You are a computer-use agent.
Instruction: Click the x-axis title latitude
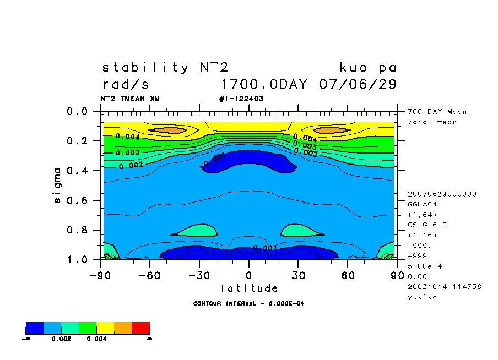[250, 288]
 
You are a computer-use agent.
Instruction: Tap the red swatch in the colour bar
[141, 328]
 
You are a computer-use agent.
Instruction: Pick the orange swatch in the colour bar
[123, 328]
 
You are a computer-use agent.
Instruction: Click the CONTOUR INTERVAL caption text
[249, 303]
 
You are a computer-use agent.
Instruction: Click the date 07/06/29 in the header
[358, 85]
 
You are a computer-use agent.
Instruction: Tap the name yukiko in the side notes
[422, 297]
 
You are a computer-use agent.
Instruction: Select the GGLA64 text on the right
[422, 204]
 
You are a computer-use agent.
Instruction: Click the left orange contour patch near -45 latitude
[170, 130]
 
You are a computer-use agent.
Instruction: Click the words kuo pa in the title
[368, 68]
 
